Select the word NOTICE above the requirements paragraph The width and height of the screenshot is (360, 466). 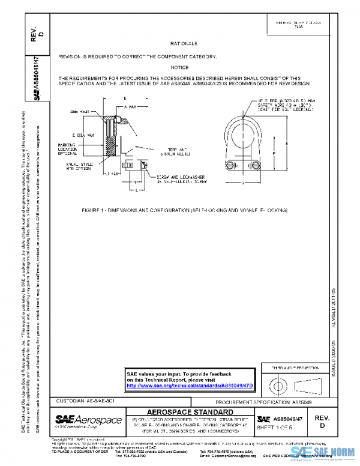[x=179, y=67]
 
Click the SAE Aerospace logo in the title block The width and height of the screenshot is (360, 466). [x=89, y=420]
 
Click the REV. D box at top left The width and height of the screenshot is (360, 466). [x=37, y=32]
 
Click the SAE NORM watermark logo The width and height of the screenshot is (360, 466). [x=324, y=453]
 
